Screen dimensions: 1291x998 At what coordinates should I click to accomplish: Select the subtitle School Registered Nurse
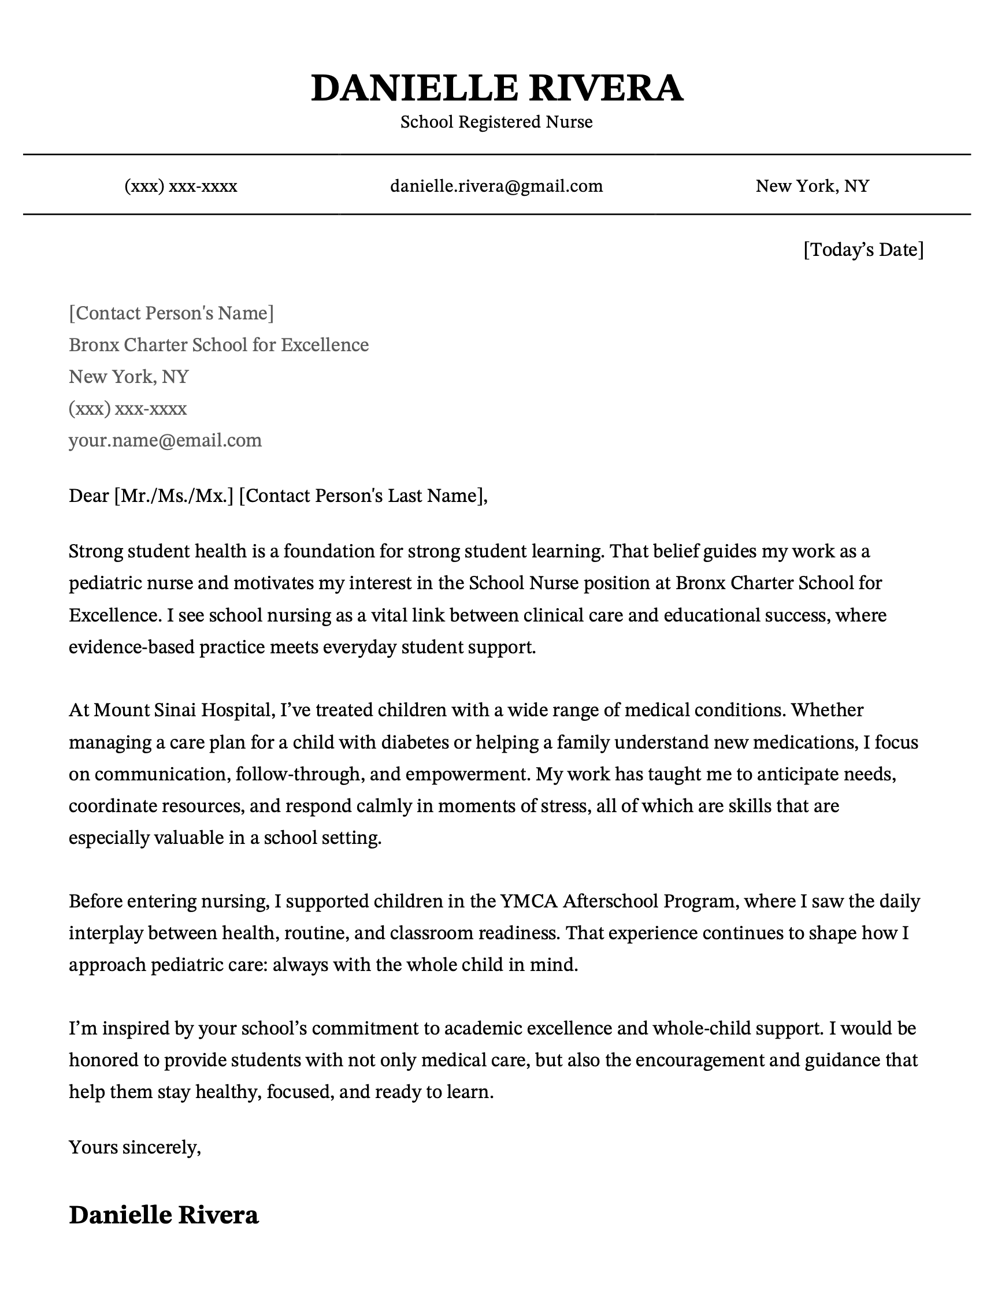click(x=496, y=122)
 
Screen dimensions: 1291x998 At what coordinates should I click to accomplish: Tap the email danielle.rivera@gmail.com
click(x=496, y=186)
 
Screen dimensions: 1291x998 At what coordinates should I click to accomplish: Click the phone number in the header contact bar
click(x=181, y=186)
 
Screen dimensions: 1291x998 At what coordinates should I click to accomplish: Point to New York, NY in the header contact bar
click(x=813, y=186)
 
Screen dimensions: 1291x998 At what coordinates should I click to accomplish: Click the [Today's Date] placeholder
click(x=863, y=250)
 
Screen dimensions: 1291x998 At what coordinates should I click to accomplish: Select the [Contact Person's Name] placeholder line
click(x=172, y=312)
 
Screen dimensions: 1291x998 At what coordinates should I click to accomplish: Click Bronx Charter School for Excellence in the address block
click(x=219, y=345)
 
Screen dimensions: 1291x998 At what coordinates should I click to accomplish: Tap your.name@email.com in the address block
click(x=165, y=440)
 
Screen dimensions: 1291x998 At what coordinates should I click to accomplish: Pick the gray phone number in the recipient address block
click(x=128, y=408)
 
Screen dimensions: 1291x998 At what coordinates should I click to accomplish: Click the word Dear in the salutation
click(x=88, y=496)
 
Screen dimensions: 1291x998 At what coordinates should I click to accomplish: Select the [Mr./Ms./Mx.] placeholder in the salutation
click(x=174, y=496)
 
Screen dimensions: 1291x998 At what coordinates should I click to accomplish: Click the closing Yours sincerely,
click(x=135, y=1147)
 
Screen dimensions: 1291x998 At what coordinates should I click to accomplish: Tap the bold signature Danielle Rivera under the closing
click(x=164, y=1215)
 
